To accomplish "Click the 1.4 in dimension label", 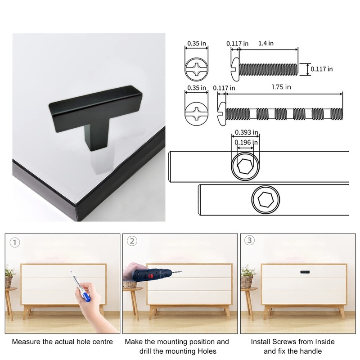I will [x=266, y=43].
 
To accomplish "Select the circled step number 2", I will [x=132, y=241].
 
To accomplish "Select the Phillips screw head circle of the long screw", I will [x=197, y=112].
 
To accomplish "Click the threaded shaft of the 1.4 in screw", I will [x=269, y=69].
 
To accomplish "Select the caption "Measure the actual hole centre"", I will [x=62, y=342].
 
